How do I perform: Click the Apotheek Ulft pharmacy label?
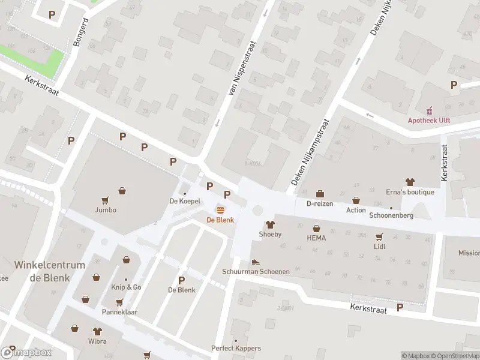coord(429,120)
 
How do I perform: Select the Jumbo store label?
coord(105,210)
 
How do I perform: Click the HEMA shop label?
coord(316,238)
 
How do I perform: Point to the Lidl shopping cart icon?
coord(379,237)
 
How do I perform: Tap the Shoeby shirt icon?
coord(270,224)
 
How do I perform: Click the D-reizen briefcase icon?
coord(320,194)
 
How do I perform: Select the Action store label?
coord(356,210)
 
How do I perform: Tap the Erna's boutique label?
coord(410,192)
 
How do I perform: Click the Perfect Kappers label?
coord(236,348)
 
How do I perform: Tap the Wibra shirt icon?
coord(97,331)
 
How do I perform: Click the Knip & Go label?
coord(126,287)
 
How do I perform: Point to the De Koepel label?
coord(185,202)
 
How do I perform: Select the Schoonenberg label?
coord(391,215)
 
